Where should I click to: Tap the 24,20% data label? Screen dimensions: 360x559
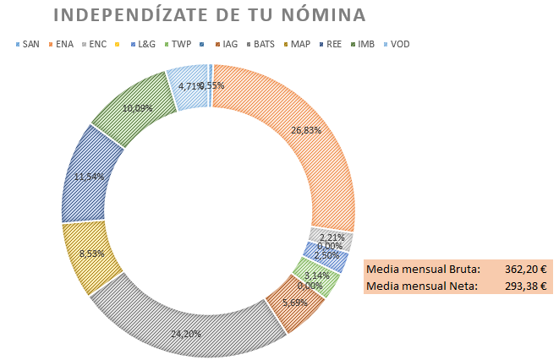point(187,334)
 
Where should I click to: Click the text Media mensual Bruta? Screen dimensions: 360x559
point(423,269)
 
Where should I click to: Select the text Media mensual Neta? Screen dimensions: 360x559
point(420,286)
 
